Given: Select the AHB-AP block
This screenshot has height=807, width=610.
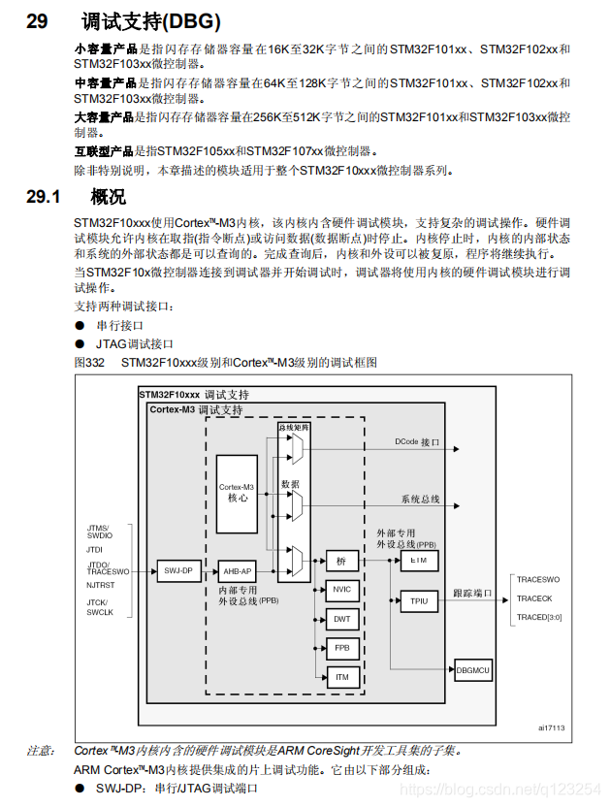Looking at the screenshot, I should click(237, 570).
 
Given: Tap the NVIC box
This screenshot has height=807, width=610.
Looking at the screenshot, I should click(342, 590).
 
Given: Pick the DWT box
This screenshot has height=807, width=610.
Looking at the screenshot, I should click(342, 618).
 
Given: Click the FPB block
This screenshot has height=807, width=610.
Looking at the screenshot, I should click(342, 647).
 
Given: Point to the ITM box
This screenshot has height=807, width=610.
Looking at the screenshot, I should click(342, 676).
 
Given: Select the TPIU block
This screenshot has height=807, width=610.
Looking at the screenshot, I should click(419, 600).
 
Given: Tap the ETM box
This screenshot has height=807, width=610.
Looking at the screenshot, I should click(419, 561).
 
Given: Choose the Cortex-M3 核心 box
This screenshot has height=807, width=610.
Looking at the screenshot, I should click(238, 492).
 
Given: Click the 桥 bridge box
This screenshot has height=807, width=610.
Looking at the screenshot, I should click(341, 561).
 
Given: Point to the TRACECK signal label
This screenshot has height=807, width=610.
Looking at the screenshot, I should click(534, 598).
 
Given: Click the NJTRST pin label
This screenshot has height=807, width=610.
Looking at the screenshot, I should click(100, 585).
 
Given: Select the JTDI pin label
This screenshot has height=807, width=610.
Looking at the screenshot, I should click(94, 549).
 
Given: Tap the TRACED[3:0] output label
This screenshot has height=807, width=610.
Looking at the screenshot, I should click(539, 617).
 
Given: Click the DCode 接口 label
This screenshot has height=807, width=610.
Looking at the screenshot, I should click(417, 441).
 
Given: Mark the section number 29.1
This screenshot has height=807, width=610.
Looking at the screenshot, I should click(44, 198).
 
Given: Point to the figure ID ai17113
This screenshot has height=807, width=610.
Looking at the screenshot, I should click(551, 727).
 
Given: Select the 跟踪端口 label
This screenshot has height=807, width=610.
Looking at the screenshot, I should click(473, 593).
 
